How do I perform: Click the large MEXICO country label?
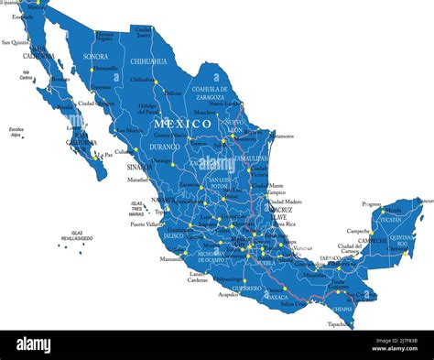(182, 123)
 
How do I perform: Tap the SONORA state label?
(96, 56)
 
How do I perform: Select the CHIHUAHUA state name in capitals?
(149, 61)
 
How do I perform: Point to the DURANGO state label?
(165, 146)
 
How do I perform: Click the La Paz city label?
(105, 155)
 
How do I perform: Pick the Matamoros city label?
(281, 136)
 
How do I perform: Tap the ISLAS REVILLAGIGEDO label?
(78, 235)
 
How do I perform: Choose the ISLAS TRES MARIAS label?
(137, 208)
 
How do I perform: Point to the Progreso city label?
(371, 204)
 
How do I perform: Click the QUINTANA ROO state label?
(400, 240)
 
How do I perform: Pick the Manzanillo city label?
(171, 258)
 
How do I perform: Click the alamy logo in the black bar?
(34, 344)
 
